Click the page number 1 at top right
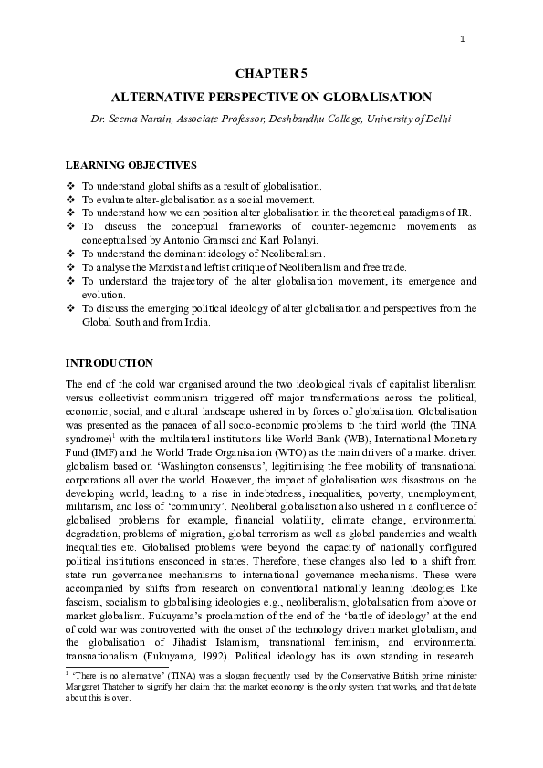pyautogui.click(x=463, y=38)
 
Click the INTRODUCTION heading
pyautogui.click(x=110, y=363)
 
